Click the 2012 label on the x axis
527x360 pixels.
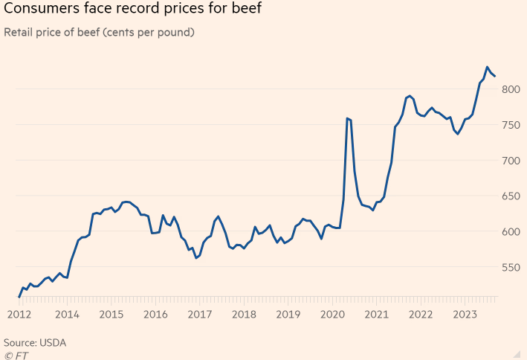click(x=20, y=315)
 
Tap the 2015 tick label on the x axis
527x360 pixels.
click(x=111, y=315)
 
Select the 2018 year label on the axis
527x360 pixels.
click(x=244, y=315)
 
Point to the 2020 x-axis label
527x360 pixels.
click(x=332, y=315)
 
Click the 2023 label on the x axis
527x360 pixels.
click(x=464, y=315)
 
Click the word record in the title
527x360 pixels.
click(x=132, y=10)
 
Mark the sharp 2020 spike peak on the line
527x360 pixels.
click(x=347, y=118)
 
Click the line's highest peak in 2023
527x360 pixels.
click(x=488, y=67)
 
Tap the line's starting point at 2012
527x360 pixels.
click(x=19, y=298)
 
